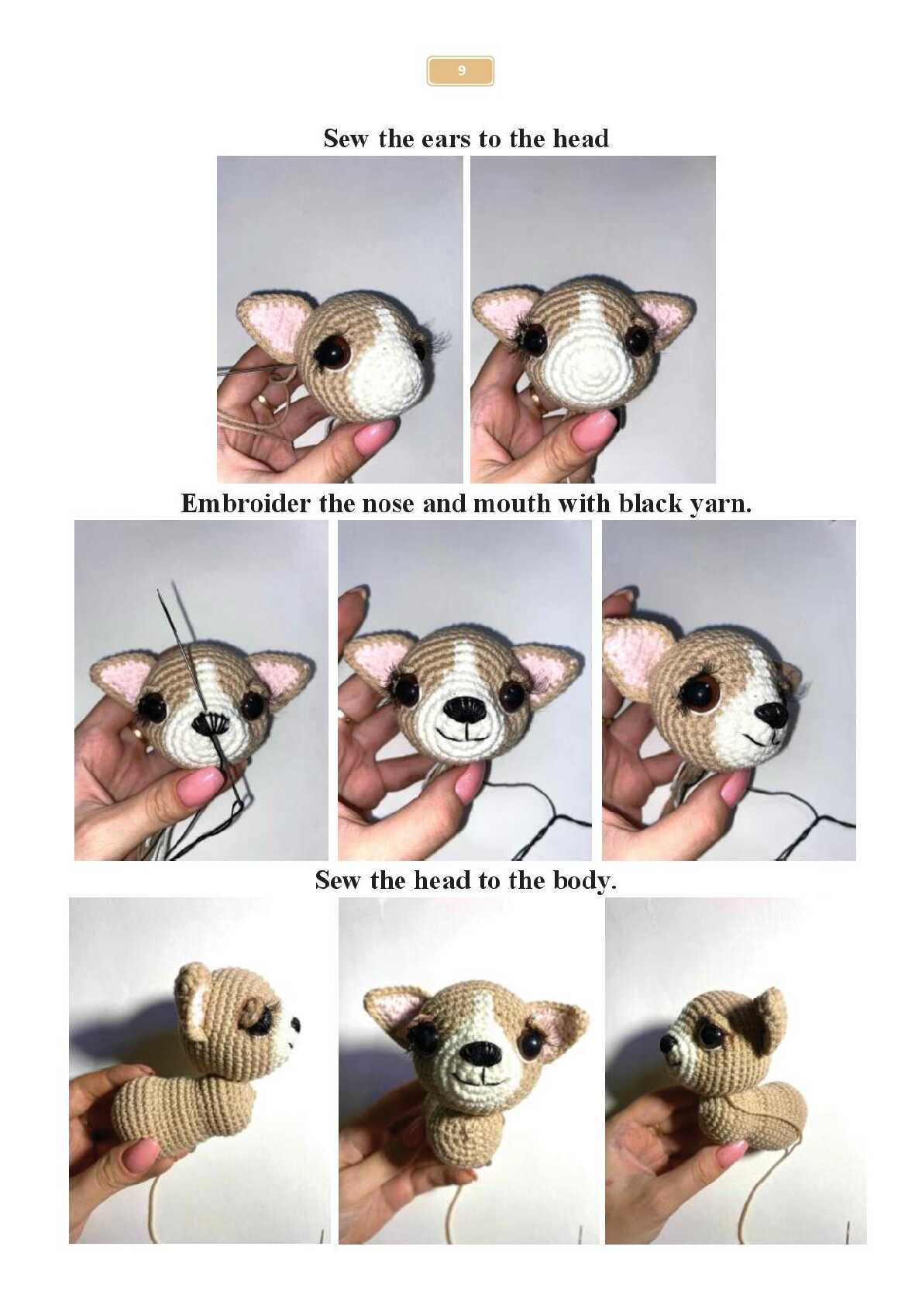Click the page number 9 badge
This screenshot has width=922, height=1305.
pyautogui.click(x=460, y=71)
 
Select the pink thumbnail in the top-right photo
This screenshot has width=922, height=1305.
pyautogui.click(x=593, y=429)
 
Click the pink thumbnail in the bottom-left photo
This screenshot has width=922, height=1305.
pyautogui.click(x=139, y=1154)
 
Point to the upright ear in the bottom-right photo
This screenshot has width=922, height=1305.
pyautogui.click(x=767, y=1020)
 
